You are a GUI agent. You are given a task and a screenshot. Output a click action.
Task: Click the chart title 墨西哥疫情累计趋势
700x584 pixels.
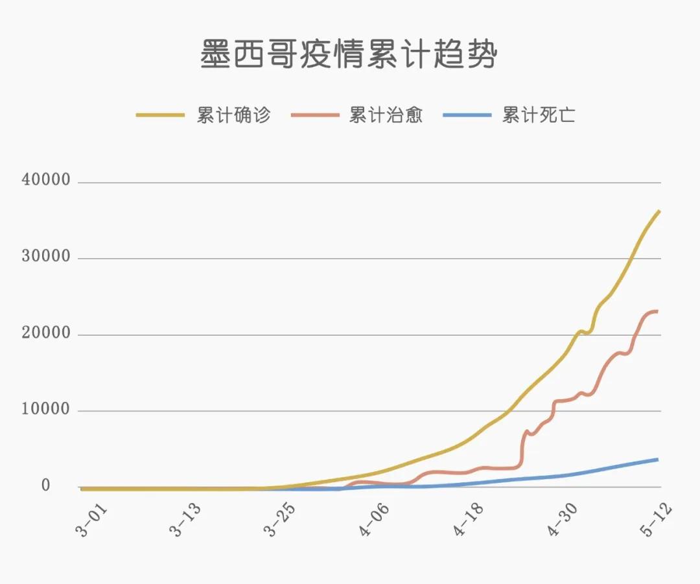coord(349,54)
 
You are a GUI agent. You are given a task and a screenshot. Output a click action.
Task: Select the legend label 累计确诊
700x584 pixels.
coord(234,115)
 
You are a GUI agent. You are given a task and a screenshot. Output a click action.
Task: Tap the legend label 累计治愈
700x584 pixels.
coord(386,115)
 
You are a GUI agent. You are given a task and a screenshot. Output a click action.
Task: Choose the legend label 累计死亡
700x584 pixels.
coord(539,115)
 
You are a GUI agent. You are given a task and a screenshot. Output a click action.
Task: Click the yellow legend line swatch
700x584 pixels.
coord(161,115)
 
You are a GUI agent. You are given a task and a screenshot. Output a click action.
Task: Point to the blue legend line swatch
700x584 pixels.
coord(467,115)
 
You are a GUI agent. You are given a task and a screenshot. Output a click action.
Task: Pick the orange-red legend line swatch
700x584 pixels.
coord(315,115)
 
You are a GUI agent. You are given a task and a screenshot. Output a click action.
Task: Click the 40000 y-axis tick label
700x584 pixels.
coord(46,180)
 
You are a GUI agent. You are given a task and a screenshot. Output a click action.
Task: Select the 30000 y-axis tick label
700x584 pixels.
coord(46,257)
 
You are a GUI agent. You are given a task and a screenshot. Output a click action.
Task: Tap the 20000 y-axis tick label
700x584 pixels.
coord(46,333)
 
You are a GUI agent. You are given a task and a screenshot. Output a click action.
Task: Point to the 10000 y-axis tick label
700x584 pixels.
coord(46,410)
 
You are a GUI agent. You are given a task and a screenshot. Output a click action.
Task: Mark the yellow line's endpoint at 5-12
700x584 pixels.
coord(659,211)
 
